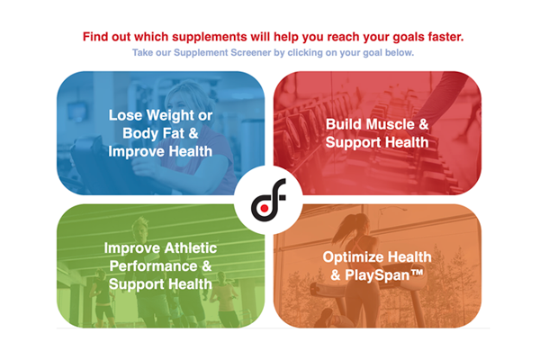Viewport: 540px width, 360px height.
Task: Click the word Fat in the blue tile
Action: (x=176, y=133)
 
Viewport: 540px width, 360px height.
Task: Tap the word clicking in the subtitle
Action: (x=304, y=54)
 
